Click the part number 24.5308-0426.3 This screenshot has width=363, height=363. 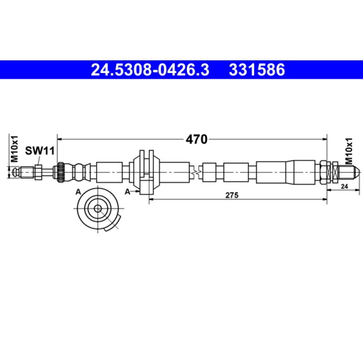pos(150,70)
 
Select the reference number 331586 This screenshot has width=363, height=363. pos(257,70)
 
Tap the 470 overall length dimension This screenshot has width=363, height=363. pos(196,139)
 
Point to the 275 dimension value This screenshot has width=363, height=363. pos(232,195)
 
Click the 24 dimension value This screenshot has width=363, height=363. pos(344,186)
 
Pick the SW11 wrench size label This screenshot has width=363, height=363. pos(40,151)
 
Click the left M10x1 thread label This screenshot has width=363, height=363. pos(15,149)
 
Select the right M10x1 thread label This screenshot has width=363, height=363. pos(348,151)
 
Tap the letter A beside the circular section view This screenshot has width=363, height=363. pos(78,192)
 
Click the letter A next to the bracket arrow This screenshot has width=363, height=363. pos(128,191)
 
